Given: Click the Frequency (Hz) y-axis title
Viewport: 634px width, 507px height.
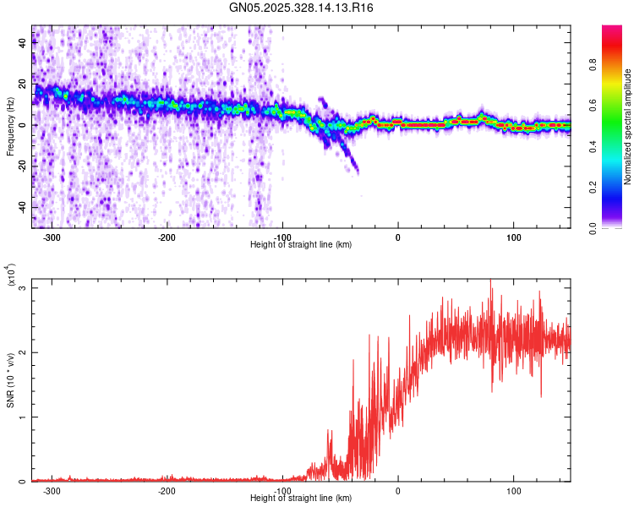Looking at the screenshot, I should pos(10,126).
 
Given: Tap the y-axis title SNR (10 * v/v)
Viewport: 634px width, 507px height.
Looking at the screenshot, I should pos(11,380).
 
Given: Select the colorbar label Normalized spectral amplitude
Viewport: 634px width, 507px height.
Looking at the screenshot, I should pos(628,127).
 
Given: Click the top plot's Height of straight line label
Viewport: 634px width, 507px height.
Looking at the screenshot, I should pos(301,244).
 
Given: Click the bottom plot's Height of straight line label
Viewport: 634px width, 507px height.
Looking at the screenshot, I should pos(301,498).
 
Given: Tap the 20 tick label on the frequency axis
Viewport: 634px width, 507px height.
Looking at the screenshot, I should pos(22,84).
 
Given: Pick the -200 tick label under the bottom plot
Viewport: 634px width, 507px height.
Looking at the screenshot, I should pos(167,491).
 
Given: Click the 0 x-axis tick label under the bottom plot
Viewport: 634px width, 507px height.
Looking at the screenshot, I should pos(398,491).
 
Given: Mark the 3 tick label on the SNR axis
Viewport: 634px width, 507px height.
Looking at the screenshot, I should pos(24,288).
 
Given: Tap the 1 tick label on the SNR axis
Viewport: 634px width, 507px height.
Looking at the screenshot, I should pos(24,417).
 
